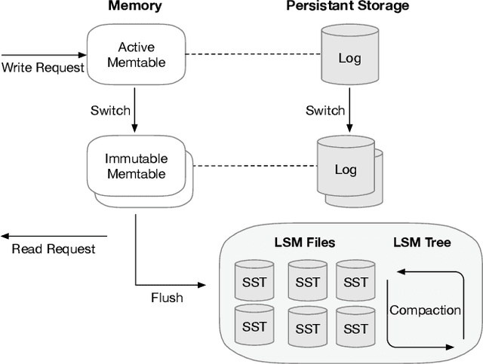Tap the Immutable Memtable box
137,167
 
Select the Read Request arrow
53,235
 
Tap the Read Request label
54,249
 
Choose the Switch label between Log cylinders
325,111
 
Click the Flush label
166,298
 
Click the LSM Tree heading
422,243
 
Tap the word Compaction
425,310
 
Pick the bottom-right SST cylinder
355,328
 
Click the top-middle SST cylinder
307,282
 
